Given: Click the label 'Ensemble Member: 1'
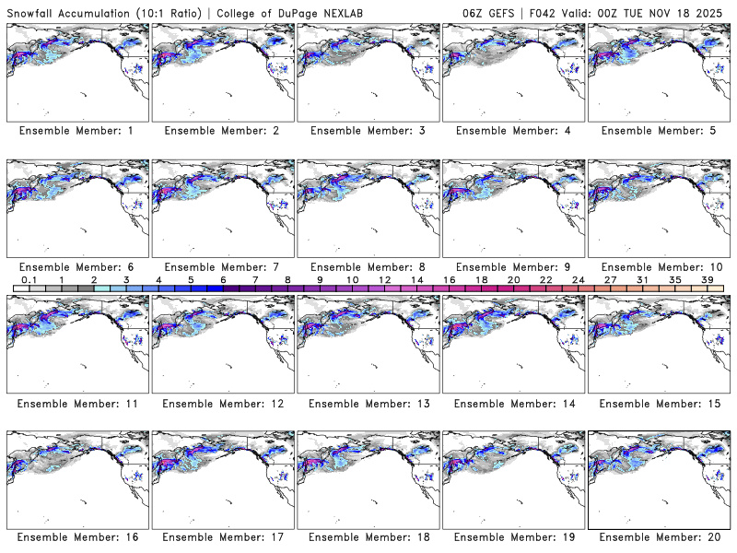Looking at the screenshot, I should [76, 131].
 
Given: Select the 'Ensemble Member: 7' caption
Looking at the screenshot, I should [222, 266].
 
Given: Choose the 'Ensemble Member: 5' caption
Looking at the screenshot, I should [659, 131].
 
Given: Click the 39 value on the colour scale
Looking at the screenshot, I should [707, 278].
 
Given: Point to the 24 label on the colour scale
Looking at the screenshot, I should [578, 278].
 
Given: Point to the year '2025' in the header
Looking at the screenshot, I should [714, 10].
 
